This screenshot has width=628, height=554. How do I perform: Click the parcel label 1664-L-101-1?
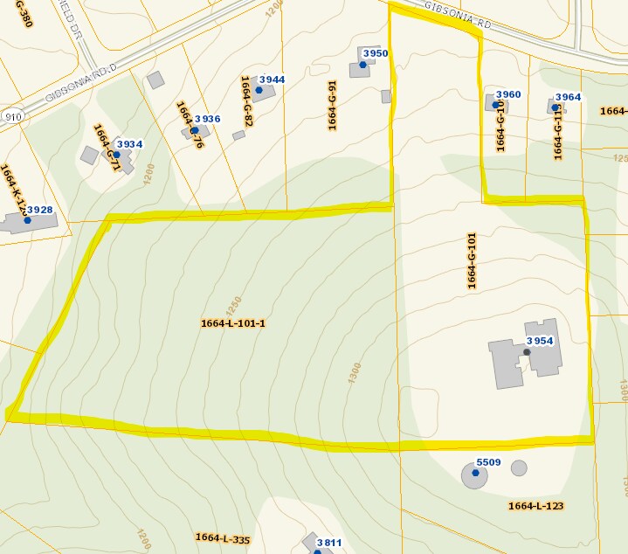click(233, 323)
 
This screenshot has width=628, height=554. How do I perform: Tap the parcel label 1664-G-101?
click(472, 261)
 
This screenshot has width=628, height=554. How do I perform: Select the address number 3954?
click(541, 341)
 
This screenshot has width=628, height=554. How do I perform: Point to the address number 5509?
click(488, 462)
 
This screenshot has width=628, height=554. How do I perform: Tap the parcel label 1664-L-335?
click(223, 537)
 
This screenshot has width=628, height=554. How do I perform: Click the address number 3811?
click(329, 543)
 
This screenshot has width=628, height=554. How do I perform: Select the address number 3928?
click(40, 210)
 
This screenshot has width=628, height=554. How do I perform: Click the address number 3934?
click(129, 144)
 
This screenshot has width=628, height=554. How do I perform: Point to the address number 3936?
click(207, 119)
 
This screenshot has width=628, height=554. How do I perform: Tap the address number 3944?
click(273, 80)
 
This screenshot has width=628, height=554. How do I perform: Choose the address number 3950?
click(376, 53)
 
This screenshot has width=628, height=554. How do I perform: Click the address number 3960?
click(507, 94)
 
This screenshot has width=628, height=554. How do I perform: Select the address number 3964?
click(568, 97)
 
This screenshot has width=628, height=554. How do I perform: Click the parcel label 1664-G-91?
click(333, 106)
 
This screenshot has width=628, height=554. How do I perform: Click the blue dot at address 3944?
click(259, 90)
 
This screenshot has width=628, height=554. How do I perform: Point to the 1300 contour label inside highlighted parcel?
click(354, 372)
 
